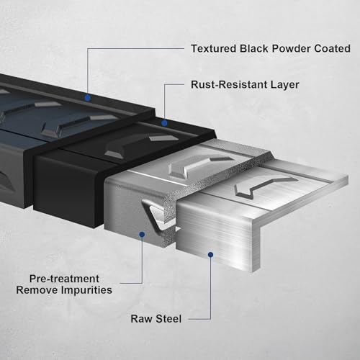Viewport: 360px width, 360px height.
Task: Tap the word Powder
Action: click(x=291, y=48)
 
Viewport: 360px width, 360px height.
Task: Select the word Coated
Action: click(x=332, y=48)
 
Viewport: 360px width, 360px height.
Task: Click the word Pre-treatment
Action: click(x=64, y=279)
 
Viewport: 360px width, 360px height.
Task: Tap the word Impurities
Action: click(x=86, y=290)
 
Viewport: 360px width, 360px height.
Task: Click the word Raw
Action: click(x=142, y=319)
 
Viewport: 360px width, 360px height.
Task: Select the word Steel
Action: click(x=168, y=319)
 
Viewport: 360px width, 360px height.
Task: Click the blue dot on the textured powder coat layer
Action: click(x=88, y=98)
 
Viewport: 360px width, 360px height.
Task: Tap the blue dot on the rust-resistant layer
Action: click(x=164, y=123)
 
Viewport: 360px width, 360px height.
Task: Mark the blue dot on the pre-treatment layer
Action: click(x=142, y=234)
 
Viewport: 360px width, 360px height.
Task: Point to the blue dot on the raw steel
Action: click(x=211, y=255)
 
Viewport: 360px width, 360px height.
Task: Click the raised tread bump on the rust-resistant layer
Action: click(x=142, y=145)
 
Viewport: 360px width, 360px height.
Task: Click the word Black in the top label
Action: click(x=254, y=48)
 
